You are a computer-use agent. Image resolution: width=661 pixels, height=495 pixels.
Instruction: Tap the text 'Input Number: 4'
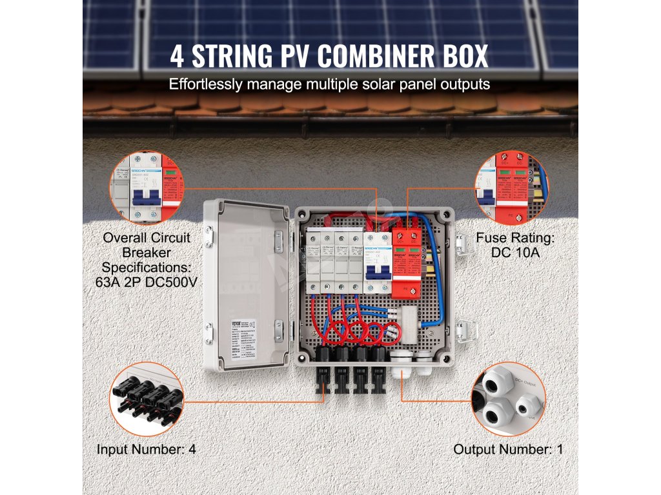[146, 449]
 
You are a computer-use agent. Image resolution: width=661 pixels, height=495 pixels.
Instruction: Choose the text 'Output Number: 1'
[508, 449]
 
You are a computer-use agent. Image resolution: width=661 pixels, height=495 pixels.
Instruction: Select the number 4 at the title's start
[177, 56]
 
